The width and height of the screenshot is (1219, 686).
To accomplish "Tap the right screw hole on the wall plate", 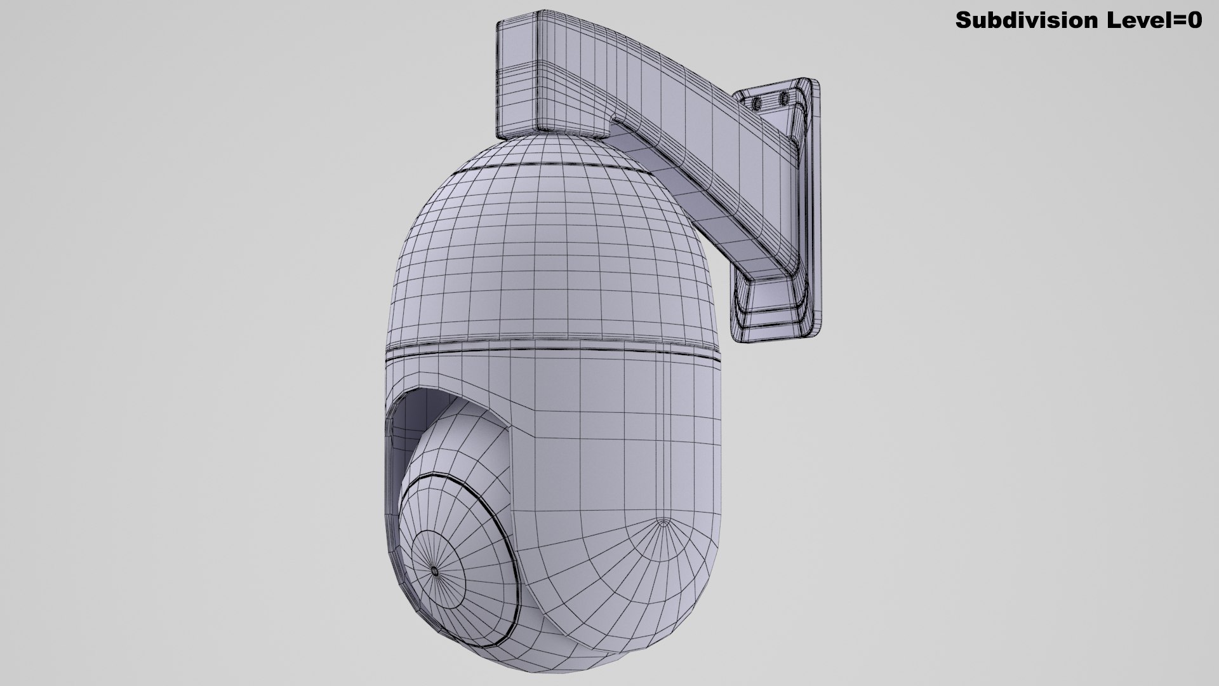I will click(x=783, y=98).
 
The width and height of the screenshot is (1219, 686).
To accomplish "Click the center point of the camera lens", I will click(x=434, y=571).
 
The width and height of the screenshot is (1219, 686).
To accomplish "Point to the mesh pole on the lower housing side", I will click(x=664, y=523).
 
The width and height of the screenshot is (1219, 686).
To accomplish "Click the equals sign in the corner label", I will click(x=1182, y=20).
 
